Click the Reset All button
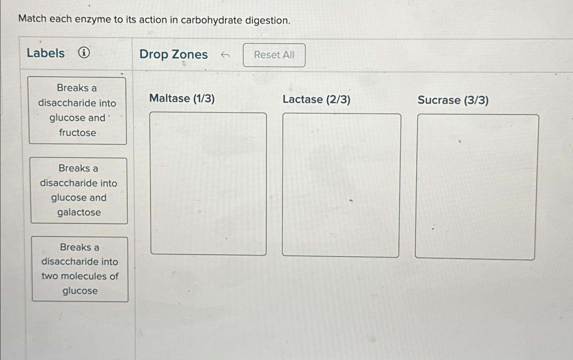pyautogui.click(x=274, y=55)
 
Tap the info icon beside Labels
pyautogui.click(x=84, y=53)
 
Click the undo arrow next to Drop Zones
pyautogui.click(x=225, y=55)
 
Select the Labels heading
pyautogui.click(x=46, y=53)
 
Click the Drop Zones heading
pyautogui.click(x=174, y=55)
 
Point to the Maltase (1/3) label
pyautogui.click(x=182, y=98)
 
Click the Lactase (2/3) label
pyautogui.click(x=316, y=99)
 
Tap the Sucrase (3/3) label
pyautogui.click(x=453, y=100)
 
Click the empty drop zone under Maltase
pyautogui.click(x=208, y=184)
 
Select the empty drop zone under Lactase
pyautogui.click(x=341, y=185)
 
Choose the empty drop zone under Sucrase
pyautogui.click(x=476, y=187)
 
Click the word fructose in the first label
pyautogui.click(x=77, y=133)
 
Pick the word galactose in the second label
pyautogui.click(x=79, y=213)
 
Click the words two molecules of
pyautogui.click(x=80, y=276)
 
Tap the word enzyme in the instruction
pyautogui.click(x=93, y=19)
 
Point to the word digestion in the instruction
pyautogui.click(x=267, y=21)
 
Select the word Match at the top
pyautogui.click(x=32, y=19)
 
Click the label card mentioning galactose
pyautogui.click(x=79, y=191)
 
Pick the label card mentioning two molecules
pyautogui.click(x=80, y=269)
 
